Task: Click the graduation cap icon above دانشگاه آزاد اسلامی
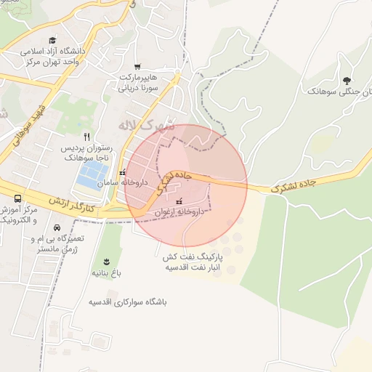(x=52, y=41)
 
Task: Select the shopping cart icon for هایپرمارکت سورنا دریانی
(x=137, y=66)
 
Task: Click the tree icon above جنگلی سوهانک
(x=345, y=81)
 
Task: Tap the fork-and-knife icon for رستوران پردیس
(x=86, y=137)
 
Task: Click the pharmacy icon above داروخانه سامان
(x=121, y=173)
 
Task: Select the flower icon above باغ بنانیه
(x=107, y=262)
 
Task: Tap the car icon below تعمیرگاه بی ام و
(x=57, y=227)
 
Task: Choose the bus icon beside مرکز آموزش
(x=17, y=198)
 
